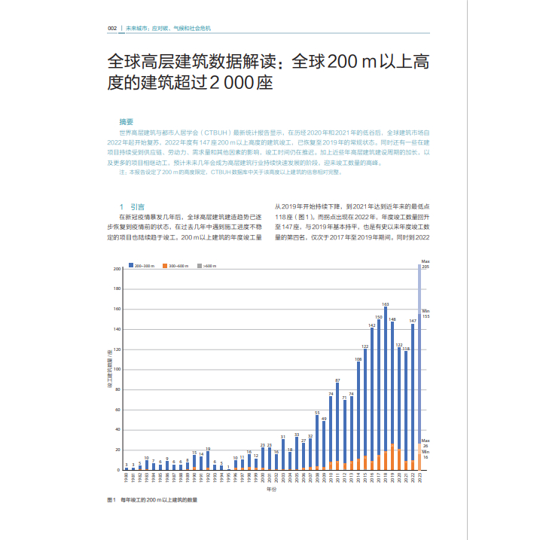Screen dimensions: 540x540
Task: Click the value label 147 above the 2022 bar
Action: click(413, 321)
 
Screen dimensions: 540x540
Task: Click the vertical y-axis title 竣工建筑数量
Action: click(109, 369)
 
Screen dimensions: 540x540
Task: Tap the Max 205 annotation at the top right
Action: click(425, 264)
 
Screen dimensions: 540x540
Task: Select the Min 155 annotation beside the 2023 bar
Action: click(426, 314)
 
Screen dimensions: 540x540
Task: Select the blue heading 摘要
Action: click(126, 121)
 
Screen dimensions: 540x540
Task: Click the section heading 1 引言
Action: click(133, 206)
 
